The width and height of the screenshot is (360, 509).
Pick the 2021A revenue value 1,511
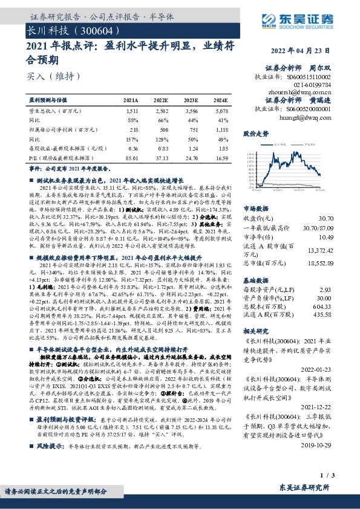point(131,112)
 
